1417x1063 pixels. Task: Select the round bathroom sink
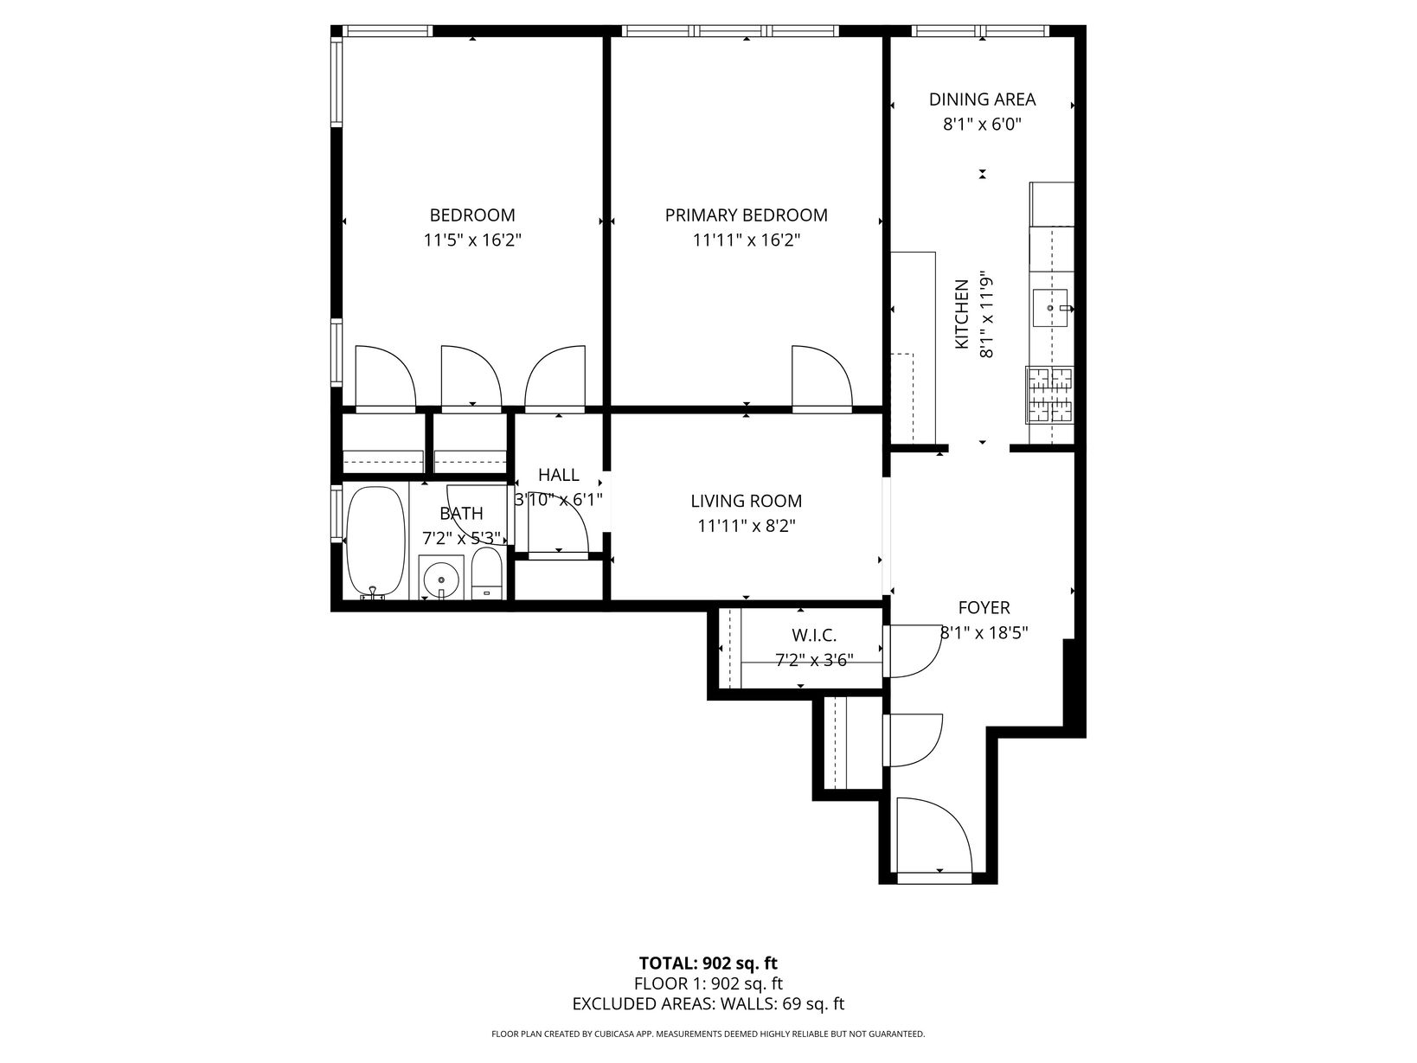[441, 576]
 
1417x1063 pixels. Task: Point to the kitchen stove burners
[1049, 395]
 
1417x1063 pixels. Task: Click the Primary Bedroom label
[747, 215]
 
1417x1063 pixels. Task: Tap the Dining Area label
[982, 99]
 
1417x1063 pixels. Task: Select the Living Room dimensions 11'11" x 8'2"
[747, 526]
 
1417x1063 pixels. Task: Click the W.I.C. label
[814, 636]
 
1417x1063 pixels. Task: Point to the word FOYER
[984, 607]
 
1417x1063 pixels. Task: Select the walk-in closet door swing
[914, 650]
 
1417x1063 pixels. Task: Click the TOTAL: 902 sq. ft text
[708, 964]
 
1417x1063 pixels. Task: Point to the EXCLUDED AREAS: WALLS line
[708, 1003]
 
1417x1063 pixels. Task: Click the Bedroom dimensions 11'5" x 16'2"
[472, 240]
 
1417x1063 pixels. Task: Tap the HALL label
[558, 475]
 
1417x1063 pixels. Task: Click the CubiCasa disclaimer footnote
[708, 1034]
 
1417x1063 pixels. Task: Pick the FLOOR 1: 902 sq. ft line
[708, 983]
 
